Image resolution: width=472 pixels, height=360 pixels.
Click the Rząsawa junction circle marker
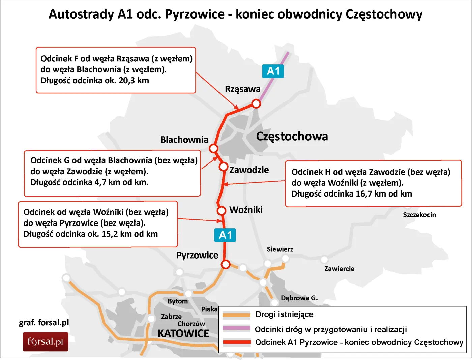(x=256, y=103)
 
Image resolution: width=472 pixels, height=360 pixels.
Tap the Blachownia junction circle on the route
(x=213, y=148)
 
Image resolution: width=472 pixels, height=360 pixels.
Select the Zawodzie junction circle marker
(x=224, y=167)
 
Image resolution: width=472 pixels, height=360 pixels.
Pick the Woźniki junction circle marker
(x=221, y=211)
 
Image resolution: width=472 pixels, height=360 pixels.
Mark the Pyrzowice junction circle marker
(x=226, y=264)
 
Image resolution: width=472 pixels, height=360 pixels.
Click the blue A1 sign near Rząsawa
(x=273, y=71)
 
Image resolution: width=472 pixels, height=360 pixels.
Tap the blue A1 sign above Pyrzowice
(x=225, y=235)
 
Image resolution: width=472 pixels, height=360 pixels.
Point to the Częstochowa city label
(x=292, y=136)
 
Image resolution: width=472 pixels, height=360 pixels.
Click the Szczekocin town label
(x=419, y=215)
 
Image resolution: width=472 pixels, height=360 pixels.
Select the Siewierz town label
(x=280, y=249)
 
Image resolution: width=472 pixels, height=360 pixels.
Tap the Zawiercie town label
(x=339, y=269)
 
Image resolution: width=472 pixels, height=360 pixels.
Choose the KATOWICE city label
(x=183, y=333)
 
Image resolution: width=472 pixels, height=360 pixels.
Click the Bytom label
(x=178, y=301)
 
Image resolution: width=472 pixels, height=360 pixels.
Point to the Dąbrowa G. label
(x=299, y=298)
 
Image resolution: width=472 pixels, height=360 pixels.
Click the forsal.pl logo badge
(x=46, y=342)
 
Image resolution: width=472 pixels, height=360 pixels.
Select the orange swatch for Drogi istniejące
(x=237, y=315)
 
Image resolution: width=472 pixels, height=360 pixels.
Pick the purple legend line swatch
(x=237, y=328)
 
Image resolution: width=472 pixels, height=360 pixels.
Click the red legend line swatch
(x=237, y=342)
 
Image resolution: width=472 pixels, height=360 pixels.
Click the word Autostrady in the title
(x=81, y=14)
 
